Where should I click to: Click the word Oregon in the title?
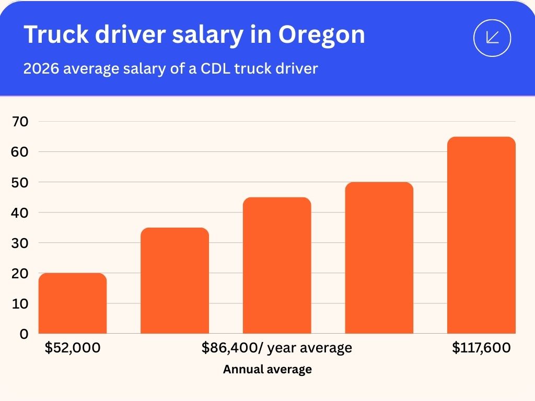click(x=321, y=35)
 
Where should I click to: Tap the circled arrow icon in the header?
click(x=492, y=38)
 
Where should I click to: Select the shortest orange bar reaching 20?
click(x=73, y=303)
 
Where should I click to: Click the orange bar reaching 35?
click(x=175, y=280)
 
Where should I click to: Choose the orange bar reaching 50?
click(x=379, y=258)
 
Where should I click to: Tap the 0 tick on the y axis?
click(x=24, y=334)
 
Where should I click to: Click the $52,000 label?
click(x=73, y=348)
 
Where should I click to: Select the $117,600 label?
click(x=481, y=348)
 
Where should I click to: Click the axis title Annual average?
click(x=267, y=370)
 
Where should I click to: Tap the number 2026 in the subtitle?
click(x=41, y=69)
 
